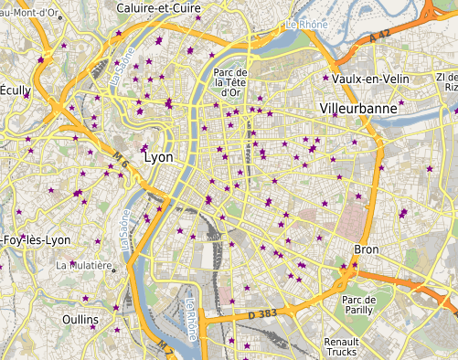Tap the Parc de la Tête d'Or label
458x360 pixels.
pos(230,81)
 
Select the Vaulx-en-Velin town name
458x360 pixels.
pos(370,79)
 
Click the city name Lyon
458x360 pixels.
pos(158,157)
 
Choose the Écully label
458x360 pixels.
pos(15,90)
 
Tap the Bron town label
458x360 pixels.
pos(366,249)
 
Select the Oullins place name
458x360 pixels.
pos(80,319)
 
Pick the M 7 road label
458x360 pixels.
pos(165,348)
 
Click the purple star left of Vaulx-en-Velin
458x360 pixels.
pos(325,78)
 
